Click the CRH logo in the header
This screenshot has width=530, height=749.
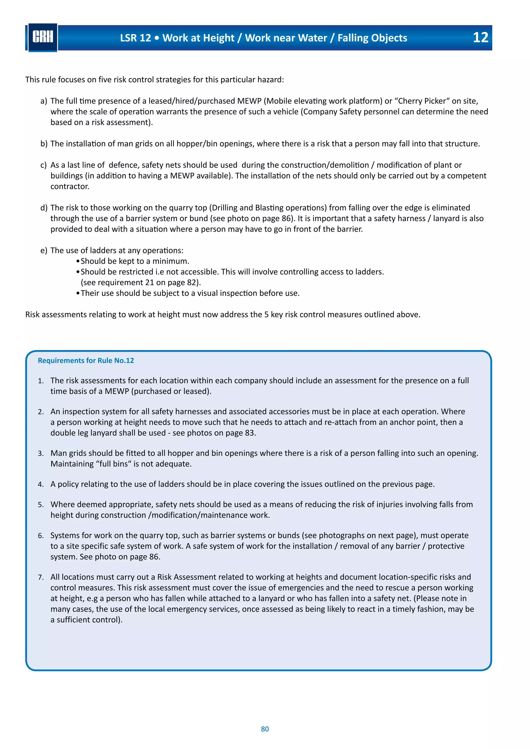click(x=43, y=37)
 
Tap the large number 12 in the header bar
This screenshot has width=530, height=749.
click(x=480, y=38)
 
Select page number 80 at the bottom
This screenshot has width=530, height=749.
click(x=265, y=729)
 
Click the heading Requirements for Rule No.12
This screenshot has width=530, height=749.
click(x=86, y=361)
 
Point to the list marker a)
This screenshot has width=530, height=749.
click(x=44, y=101)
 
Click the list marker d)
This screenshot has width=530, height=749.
click(x=44, y=208)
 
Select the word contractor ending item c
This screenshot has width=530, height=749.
click(x=70, y=186)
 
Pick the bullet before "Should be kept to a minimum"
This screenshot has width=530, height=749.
click(x=78, y=261)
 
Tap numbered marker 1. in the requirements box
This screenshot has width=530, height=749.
click(x=41, y=381)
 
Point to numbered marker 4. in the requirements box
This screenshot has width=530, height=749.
click(x=41, y=484)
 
